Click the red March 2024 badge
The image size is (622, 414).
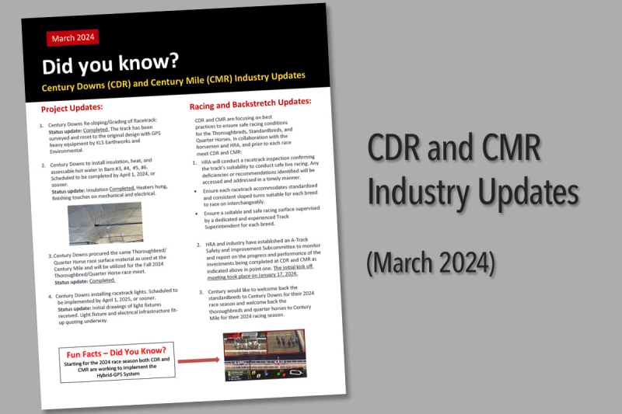pos(74,37)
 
